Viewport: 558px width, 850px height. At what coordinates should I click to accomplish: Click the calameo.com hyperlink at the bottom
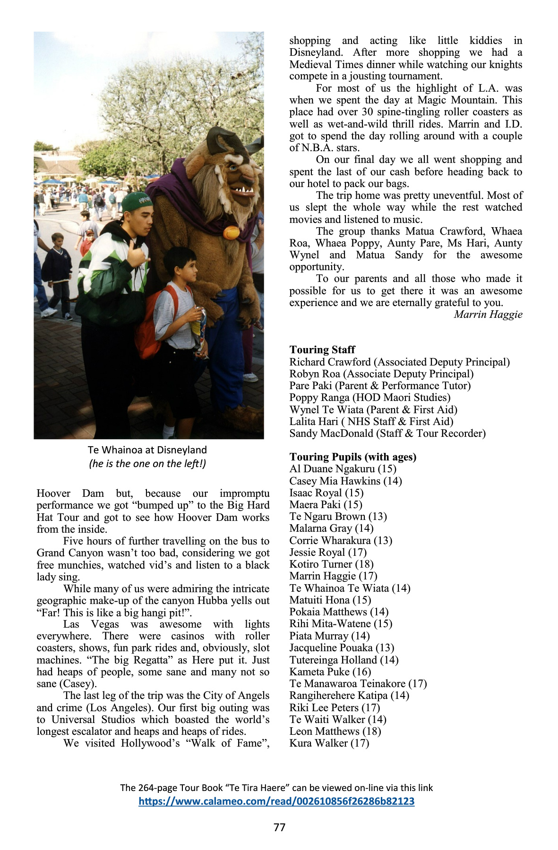(x=276, y=801)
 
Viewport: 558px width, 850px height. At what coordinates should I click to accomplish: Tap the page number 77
(x=279, y=827)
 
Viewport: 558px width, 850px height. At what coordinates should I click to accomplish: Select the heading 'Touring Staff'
(x=322, y=349)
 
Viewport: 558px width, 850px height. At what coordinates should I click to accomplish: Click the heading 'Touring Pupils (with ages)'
(x=352, y=457)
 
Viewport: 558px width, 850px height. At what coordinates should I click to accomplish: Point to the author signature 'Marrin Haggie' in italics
(x=488, y=314)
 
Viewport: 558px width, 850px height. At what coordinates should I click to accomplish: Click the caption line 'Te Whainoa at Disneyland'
(x=147, y=450)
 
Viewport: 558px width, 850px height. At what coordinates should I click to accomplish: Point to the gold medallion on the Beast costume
(x=232, y=232)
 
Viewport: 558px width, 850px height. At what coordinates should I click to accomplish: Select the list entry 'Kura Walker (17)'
(x=329, y=743)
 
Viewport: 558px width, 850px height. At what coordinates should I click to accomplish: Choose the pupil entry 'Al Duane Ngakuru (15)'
(x=343, y=469)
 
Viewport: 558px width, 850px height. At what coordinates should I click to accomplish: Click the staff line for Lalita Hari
(x=371, y=421)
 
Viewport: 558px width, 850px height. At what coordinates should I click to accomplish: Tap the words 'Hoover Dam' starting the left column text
(x=70, y=493)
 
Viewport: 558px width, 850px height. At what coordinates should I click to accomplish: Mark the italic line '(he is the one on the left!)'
(x=147, y=464)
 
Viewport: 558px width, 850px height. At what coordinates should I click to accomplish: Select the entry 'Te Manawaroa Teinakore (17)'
(x=358, y=683)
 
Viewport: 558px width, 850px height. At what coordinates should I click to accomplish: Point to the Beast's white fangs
(x=244, y=190)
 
